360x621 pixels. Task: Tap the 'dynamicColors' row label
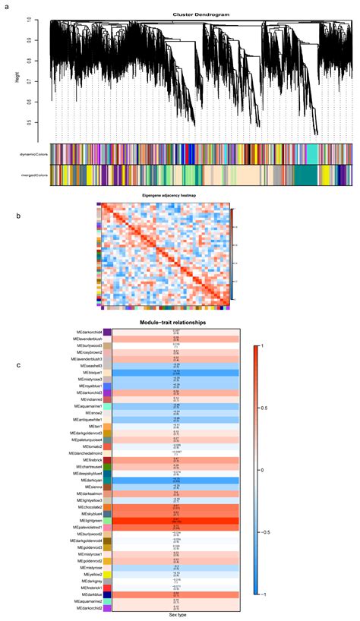point(31,154)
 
